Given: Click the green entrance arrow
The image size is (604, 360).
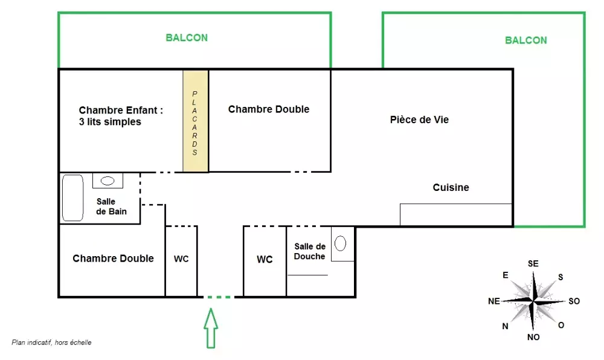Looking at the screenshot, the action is coord(211,328).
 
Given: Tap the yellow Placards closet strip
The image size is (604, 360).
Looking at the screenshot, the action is coord(196,121).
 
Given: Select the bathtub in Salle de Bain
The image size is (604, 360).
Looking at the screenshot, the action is coord(73,198).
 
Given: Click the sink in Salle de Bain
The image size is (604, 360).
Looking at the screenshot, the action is coord(108,181).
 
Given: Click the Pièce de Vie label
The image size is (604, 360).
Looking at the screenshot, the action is coord(419,120).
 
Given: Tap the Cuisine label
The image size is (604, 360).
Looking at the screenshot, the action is coord(451,187).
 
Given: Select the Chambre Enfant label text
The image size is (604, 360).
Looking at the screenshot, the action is coord(121,116).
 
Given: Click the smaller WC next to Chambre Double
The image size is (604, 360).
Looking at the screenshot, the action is coord(181,259).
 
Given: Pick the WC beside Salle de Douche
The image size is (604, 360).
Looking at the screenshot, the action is coord(265,260).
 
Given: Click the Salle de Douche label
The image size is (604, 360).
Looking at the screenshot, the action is coord(310,251).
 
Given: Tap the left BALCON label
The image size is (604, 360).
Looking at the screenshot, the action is coord(187,37).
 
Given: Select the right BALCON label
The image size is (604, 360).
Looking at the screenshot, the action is coord(526,40).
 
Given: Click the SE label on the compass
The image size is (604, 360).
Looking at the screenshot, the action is coord(533,264).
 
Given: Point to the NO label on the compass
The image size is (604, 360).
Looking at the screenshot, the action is coord(533,337).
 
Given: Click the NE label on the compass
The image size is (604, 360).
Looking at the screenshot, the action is coord(494,301).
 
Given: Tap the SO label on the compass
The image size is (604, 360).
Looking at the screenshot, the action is coord(574,301).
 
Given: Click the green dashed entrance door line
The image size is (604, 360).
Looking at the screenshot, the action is coord(219,297).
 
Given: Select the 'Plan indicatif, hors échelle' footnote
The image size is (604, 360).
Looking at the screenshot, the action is coord(51,342).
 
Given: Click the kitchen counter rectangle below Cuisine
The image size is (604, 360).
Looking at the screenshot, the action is coord(456,215).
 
